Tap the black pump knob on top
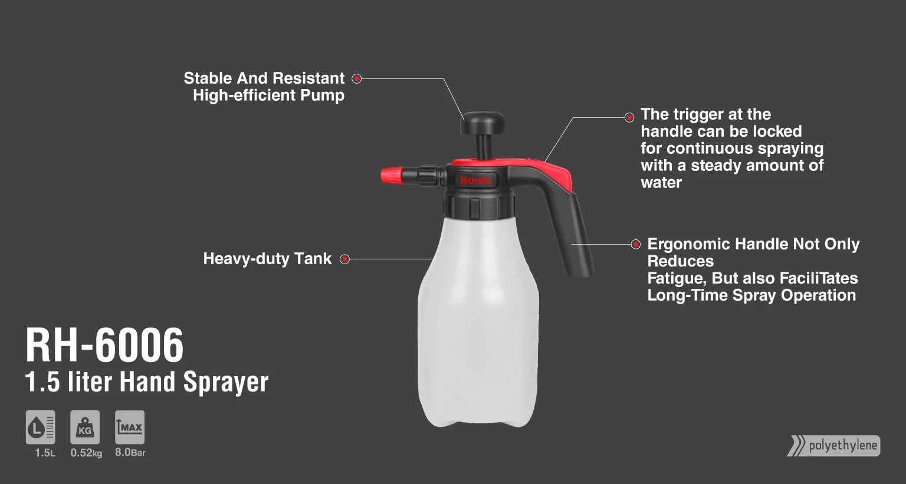tap(484, 123)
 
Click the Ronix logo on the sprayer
tap(475, 180)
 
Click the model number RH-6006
tap(105, 346)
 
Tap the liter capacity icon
tap(41, 427)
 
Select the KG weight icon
tap(85, 427)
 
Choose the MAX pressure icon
tap(130, 427)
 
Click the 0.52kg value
tap(86, 453)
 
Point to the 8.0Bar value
tap(130, 453)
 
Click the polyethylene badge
tap(834, 446)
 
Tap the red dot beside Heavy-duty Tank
tap(345, 259)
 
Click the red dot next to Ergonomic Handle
tap(636, 244)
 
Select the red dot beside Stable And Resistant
tap(356, 78)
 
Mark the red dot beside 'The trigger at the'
tap(629, 117)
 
